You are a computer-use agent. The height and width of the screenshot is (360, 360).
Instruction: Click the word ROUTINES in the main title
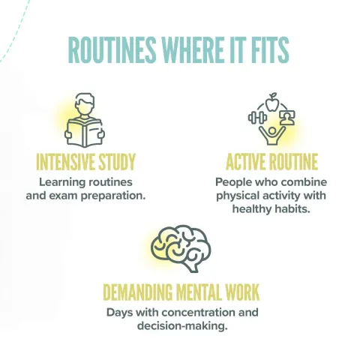(x=112, y=50)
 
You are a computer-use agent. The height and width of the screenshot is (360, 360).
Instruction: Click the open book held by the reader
(x=85, y=133)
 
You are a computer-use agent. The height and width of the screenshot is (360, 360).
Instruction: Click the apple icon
(x=271, y=102)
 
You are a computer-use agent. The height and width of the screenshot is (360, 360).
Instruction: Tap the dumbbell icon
(x=257, y=118)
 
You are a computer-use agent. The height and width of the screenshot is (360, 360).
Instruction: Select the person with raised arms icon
(x=272, y=135)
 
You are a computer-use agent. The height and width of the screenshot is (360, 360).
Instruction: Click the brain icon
(x=181, y=248)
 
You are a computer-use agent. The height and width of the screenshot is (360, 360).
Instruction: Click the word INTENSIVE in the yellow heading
(x=65, y=162)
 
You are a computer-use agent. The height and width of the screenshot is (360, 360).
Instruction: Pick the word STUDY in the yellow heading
(x=117, y=162)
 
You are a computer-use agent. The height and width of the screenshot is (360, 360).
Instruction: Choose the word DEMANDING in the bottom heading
(x=138, y=292)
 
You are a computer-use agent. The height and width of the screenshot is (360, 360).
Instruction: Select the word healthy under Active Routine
(x=252, y=208)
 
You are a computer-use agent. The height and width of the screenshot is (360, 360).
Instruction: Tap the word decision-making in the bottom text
(x=182, y=326)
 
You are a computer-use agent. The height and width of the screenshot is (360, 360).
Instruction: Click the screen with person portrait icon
(x=287, y=118)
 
